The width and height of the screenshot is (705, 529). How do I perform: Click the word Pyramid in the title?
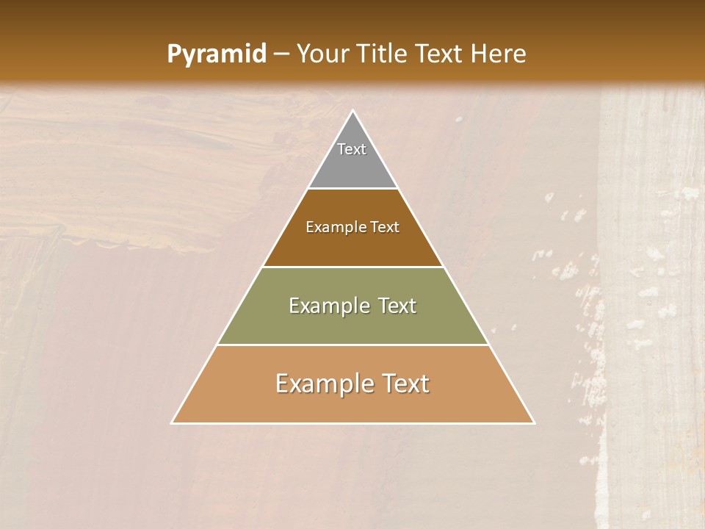pos(216,54)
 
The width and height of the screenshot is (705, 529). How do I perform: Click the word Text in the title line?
pos(439,54)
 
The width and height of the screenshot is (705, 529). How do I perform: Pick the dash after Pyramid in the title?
pos(281,54)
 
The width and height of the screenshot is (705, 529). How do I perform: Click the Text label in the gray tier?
pos(352,149)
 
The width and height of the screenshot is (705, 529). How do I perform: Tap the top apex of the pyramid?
pos(352,111)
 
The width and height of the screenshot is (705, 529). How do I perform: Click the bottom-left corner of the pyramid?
pos(172,423)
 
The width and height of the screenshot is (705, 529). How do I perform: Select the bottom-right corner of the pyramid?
pos(534,423)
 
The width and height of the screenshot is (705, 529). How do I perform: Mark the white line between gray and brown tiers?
pos(352,188)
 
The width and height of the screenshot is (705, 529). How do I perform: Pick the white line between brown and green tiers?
pos(352,267)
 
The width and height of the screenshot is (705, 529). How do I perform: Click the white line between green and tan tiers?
pos(352,345)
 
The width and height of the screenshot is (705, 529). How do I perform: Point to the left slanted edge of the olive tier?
pos(239,306)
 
